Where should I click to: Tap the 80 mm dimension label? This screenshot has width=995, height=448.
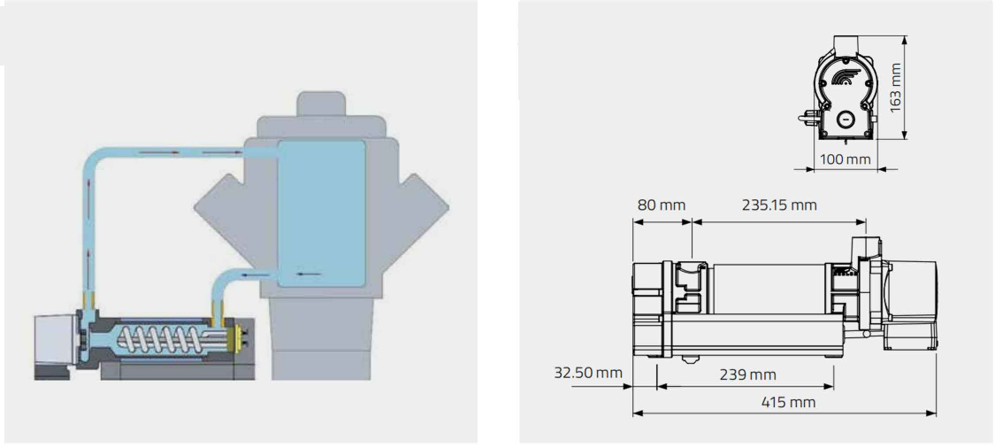661,205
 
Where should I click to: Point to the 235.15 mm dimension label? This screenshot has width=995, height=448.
777,205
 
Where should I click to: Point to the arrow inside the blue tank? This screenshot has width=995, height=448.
309,274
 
